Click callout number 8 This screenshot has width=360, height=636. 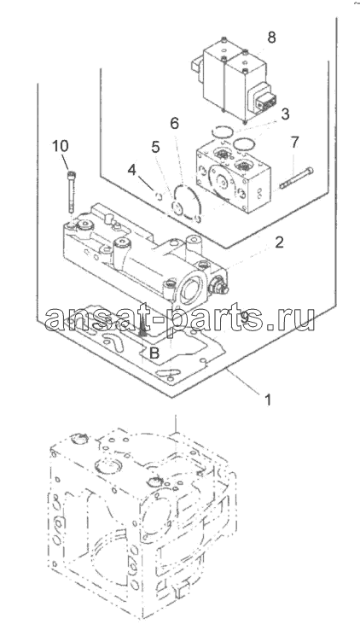pyautogui.click(x=271, y=38)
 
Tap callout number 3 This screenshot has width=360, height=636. pyautogui.click(x=286, y=114)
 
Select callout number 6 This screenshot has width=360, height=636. pyautogui.click(x=174, y=123)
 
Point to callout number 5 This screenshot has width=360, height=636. pyautogui.click(x=156, y=148)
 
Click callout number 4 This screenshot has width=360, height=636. pyautogui.click(x=131, y=170)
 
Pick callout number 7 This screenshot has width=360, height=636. pyautogui.click(x=294, y=142)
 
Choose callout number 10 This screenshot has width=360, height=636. pyautogui.click(x=61, y=146)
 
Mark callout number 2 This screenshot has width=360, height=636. pyautogui.click(x=278, y=242)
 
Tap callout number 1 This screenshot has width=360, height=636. pyautogui.click(x=268, y=400)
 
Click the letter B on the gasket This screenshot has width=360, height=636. pyautogui.click(x=154, y=353)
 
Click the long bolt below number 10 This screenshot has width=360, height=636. pyautogui.click(x=72, y=190)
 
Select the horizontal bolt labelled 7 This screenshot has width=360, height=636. pyautogui.click(x=296, y=178)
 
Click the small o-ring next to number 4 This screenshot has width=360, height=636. pyautogui.click(x=160, y=196)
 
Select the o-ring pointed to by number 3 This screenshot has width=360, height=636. pyautogui.click(x=222, y=131)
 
